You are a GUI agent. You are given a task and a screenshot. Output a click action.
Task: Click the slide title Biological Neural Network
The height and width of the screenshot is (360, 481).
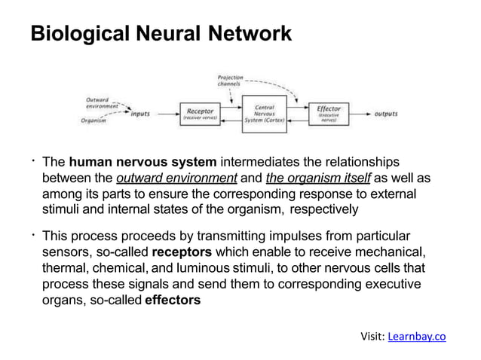pos(160,34)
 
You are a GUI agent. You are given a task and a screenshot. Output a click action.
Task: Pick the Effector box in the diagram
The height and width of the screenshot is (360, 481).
pos(329,114)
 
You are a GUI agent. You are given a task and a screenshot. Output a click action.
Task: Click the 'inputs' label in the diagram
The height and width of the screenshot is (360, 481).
pos(139,114)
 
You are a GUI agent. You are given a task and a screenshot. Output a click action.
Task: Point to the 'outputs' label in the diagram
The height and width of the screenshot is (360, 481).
pos(387,114)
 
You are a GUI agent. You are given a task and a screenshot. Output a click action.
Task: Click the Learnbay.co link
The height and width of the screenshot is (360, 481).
pos(416,336)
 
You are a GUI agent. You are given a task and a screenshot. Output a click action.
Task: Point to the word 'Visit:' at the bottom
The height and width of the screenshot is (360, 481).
pos(373,336)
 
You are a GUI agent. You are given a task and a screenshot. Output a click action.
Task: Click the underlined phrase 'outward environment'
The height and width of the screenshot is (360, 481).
pos(176,178)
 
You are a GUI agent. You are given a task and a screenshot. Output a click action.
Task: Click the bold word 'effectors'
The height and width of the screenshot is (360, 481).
pos(173,299)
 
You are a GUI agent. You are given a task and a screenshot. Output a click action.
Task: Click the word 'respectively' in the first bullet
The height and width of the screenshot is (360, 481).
pos(323,209)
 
